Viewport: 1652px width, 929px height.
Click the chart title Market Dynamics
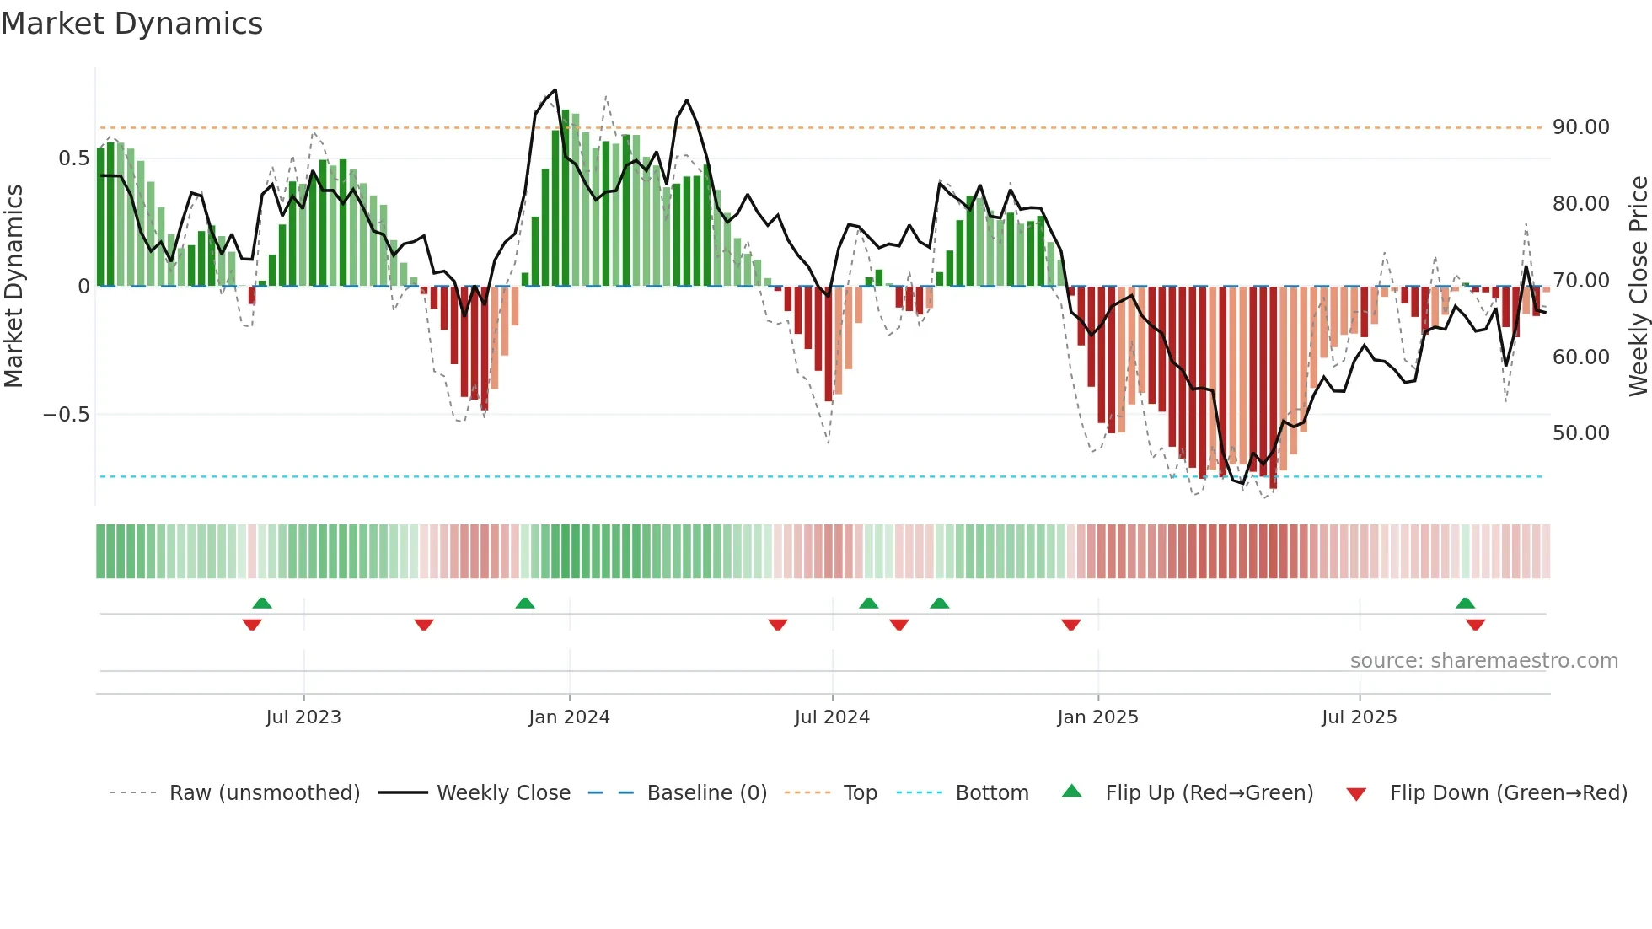click(131, 24)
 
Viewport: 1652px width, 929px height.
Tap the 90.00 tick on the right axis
click(1580, 127)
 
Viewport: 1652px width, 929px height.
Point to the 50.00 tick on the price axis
click(1580, 433)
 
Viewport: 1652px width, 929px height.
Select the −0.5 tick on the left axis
click(66, 415)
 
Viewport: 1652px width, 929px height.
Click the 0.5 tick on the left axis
click(73, 158)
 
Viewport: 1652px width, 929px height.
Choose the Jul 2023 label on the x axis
click(303, 717)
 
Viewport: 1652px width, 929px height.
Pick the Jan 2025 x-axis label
click(1097, 717)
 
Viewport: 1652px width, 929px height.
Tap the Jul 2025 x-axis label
click(1359, 717)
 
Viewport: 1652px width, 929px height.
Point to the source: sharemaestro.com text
click(1483, 661)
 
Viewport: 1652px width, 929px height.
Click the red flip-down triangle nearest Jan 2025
click(1071, 625)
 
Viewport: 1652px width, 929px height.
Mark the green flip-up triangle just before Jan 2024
click(525, 603)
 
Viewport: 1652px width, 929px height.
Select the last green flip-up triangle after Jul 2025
click(1465, 603)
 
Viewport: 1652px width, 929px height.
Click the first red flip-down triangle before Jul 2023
click(252, 625)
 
